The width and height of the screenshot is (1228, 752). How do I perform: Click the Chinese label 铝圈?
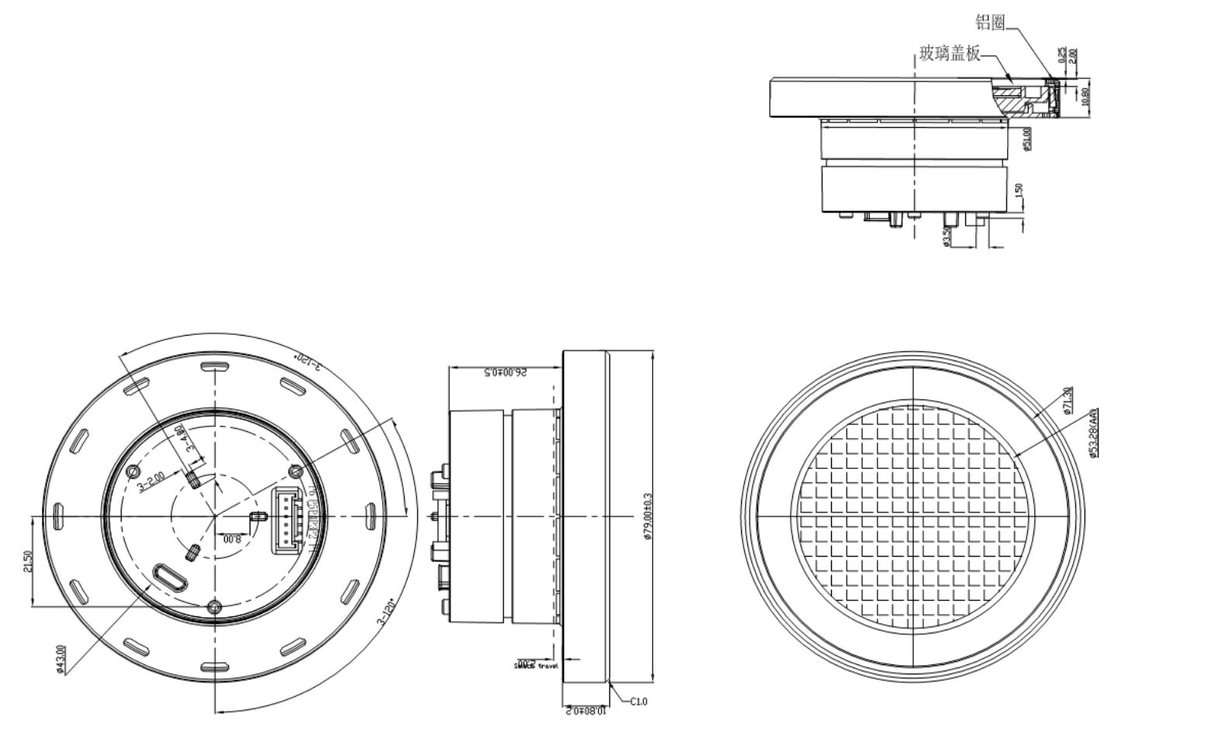pos(989,22)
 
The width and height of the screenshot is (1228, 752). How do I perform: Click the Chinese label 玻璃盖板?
pos(950,53)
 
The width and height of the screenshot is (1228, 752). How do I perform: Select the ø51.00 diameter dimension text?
pos(1027,139)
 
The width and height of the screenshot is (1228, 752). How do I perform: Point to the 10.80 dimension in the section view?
pos(1085,96)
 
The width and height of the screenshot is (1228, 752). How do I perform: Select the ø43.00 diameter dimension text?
pos(61,660)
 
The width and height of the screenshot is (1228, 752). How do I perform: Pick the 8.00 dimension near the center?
pos(232,539)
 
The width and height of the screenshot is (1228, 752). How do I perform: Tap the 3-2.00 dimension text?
pos(150,481)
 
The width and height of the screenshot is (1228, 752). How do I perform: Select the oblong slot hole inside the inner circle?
pos(170,578)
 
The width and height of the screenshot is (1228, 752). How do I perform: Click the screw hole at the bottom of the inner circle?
pos(215,606)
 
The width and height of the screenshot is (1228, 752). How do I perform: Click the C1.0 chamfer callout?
pos(638,701)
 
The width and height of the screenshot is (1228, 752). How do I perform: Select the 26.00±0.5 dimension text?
pos(505,373)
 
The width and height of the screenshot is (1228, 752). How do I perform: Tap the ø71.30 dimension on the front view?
pos(1068,400)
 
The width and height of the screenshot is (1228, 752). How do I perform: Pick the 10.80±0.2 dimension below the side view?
pos(586,709)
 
